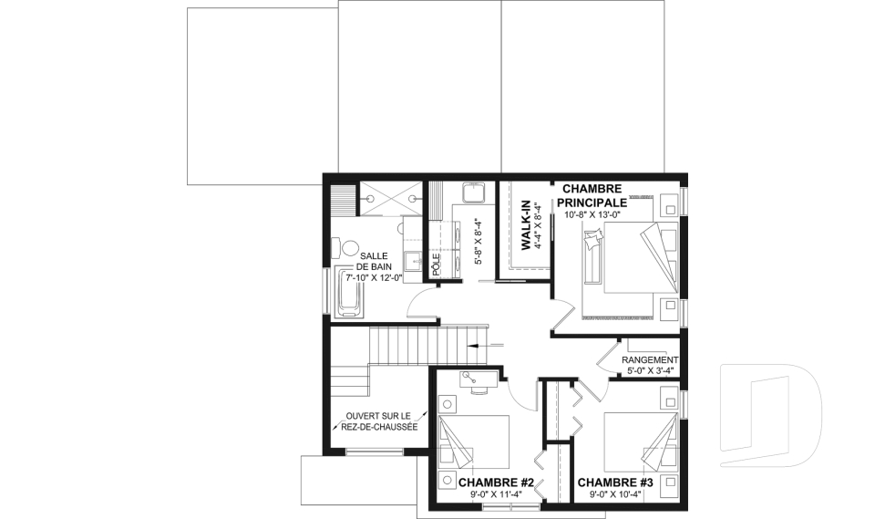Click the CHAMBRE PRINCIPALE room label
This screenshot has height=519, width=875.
click(x=592, y=195)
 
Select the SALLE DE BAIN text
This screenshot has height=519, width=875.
click(x=375, y=261)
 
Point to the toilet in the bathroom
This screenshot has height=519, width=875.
click(x=346, y=249)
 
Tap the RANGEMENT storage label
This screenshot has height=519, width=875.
click(x=650, y=360)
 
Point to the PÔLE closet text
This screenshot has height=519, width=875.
click(x=437, y=265)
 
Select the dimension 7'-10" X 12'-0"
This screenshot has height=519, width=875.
click(x=375, y=277)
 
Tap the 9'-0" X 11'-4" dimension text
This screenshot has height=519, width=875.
click(x=496, y=493)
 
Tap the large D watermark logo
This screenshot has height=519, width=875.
click(x=769, y=415)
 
